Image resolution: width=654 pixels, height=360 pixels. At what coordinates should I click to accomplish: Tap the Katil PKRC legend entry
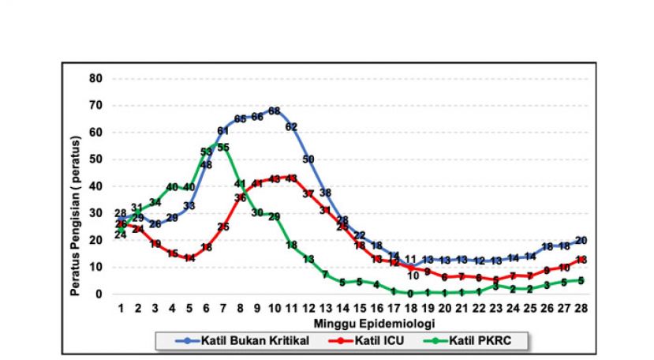478,341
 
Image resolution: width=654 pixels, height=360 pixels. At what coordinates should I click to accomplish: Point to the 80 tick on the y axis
95,78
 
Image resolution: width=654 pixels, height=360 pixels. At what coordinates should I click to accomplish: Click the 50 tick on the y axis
95,159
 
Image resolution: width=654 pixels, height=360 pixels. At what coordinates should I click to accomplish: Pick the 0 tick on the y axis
99,294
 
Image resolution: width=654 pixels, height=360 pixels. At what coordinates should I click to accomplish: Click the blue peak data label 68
275,111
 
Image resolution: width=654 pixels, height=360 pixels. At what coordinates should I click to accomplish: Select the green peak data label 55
223,148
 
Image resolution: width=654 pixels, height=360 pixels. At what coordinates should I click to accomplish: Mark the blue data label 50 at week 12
308,159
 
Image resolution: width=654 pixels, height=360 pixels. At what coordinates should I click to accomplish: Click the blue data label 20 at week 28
581,240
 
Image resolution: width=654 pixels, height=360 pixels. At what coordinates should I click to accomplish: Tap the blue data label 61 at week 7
223,130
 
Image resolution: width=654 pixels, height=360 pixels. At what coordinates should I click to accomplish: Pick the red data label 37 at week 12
308,193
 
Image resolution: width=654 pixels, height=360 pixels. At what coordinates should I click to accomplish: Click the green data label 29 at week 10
275,216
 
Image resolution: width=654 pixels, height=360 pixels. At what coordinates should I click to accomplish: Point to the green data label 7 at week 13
325,275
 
